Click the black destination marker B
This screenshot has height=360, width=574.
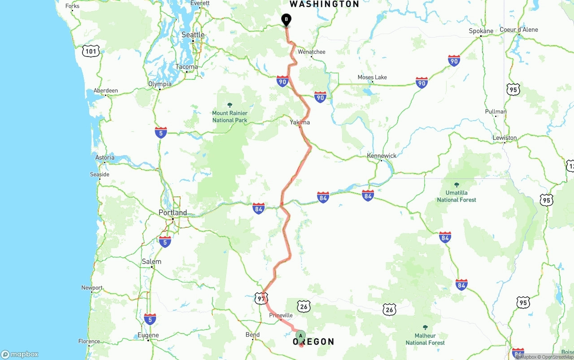point(286,20)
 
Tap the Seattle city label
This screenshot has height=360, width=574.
point(193,35)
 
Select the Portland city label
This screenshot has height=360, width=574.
point(173,213)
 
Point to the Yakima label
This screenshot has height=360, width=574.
point(300,122)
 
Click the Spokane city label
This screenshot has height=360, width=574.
point(481,31)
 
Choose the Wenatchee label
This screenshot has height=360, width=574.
point(312,52)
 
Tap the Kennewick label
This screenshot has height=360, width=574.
point(382,156)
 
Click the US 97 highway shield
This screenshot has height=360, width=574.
point(261,298)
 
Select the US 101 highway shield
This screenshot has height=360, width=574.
point(91,51)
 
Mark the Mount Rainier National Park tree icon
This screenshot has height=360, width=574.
point(230,105)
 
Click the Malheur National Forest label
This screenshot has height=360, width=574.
point(425,339)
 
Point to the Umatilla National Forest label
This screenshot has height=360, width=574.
point(457,196)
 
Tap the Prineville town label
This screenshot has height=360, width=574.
point(280,315)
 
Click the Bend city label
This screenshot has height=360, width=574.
point(252,334)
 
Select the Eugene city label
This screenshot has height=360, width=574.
point(148,335)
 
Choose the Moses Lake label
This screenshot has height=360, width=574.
point(372,77)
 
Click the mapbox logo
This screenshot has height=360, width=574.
point(20,354)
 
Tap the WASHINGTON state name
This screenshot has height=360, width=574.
point(324,4)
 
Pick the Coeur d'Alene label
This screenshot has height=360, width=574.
point(518,30)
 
